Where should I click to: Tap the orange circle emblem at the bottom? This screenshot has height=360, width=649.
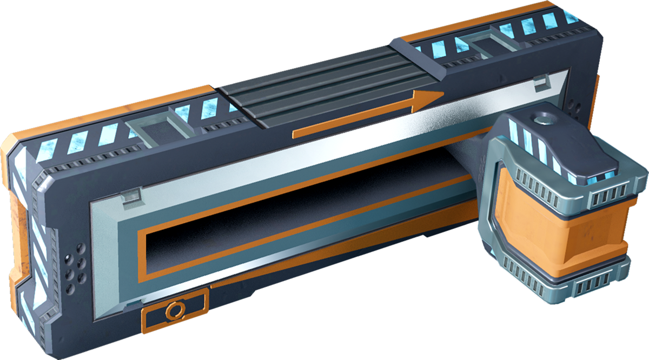click(x=173, y=310)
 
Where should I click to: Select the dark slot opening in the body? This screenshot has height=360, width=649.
click(x=303, y=216)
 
